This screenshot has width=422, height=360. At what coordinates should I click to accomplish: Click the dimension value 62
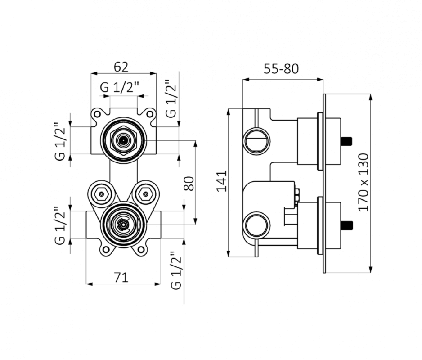121,67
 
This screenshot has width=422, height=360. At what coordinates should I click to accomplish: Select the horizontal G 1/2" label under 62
120,87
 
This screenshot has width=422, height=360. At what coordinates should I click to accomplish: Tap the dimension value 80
189,183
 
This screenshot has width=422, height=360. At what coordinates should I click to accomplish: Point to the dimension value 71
121,278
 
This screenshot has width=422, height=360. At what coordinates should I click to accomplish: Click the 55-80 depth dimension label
281,69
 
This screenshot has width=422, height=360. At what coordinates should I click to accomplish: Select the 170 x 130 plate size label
364,182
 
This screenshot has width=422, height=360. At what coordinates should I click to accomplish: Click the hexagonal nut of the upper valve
123,140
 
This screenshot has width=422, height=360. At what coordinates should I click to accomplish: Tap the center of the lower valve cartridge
123,224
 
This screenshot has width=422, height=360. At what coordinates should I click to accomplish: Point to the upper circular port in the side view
256,140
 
